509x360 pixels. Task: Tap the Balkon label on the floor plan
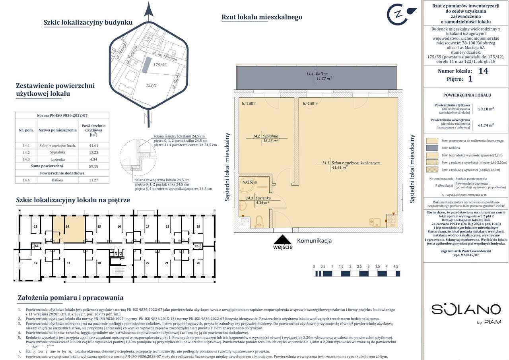[319, 76]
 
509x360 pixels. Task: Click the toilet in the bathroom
[259, 221]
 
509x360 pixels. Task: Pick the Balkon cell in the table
[57, 180]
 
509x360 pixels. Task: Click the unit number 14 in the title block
[483, 72]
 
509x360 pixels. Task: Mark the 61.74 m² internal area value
[486, 124]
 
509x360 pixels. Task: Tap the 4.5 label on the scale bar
[395, 266]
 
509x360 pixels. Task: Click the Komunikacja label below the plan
[314, 241]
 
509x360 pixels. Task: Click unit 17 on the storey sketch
[147, 226]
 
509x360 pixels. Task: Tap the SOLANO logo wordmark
[466, 310]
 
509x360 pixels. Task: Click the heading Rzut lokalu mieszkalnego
[261, 17]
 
